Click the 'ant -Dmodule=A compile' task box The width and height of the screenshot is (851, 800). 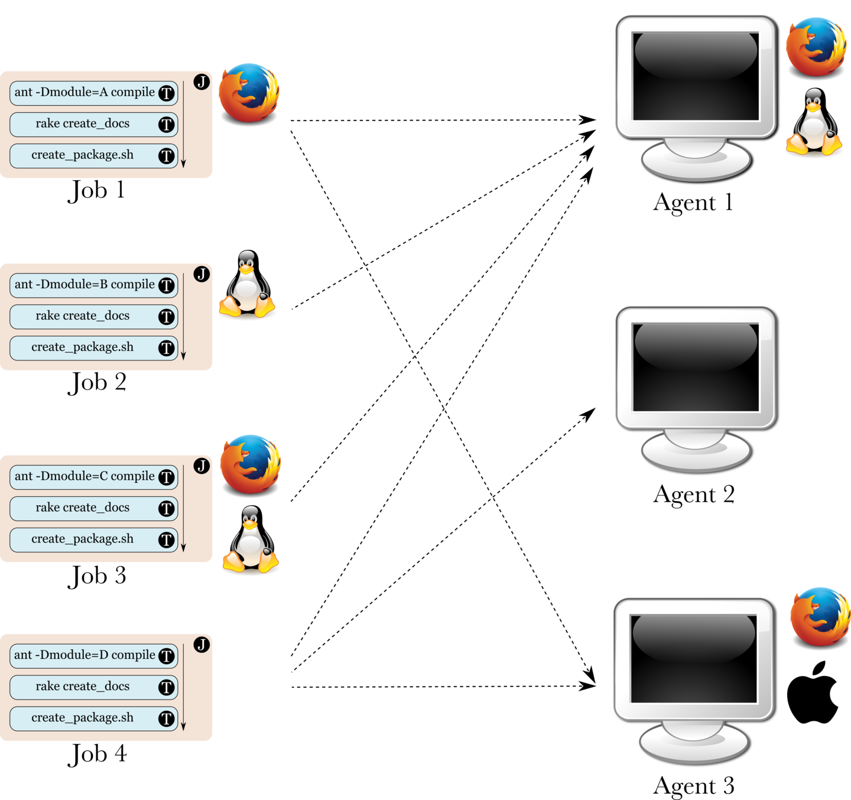click(85, 93)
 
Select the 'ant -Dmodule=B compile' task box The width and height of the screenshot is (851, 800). click(85, 285)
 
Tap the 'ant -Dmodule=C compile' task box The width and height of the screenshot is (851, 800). click(85, 477)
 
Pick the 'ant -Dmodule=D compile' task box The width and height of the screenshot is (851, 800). click(85, 655)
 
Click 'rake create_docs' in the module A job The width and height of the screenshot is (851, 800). click(83, 124)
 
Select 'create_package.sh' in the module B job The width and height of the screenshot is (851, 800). click(83, 347)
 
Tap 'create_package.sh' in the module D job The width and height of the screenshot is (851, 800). click(83, 718)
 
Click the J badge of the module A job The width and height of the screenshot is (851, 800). click(202, 82)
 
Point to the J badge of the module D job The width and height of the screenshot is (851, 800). click(202, 644)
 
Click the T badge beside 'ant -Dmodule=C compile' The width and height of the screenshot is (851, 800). click(167, 477)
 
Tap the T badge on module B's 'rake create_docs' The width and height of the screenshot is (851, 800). click(167, 317)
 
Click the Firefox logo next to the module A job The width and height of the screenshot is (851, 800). click(249, 93)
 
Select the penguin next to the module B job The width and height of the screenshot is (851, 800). click(247, 285)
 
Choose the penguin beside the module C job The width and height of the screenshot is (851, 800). click(251, 540)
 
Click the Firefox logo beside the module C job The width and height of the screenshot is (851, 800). click(251, 464)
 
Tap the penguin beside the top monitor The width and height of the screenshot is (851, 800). click(814, 123)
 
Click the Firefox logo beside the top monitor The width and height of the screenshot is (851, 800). click(816, 47)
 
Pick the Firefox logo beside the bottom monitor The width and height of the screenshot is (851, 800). click(820, 616)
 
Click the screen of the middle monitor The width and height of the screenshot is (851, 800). click(696, 367)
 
